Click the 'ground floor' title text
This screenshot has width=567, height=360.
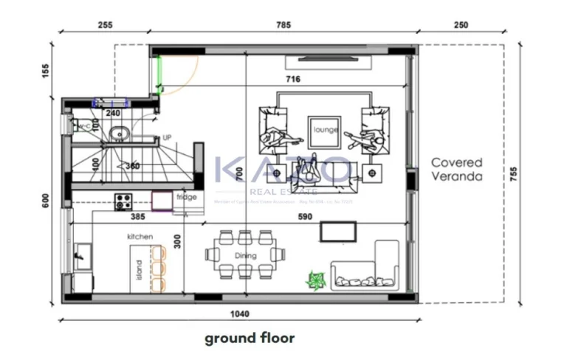[x=250, y=339]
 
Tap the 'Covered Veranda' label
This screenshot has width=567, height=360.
[x=457, y=170]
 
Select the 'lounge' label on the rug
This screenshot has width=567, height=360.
[x=326, y=130]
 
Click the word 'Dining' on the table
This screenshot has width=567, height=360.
[x=246, y=256]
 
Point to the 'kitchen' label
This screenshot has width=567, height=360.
[x=140, y=236]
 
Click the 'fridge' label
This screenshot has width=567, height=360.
[x=187, y=197]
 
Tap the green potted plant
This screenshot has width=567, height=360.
[x=316, y=281]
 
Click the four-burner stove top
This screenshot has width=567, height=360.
[x=123, y=200]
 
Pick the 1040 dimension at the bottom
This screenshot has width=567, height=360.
[x=239, y=314]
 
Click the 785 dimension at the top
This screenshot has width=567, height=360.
[x=283, y=24]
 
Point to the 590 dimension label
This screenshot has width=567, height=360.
[x=305, y=217]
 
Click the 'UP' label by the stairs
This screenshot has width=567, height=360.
[x=167, y=138]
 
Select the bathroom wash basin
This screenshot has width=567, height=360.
[x=118, y=134]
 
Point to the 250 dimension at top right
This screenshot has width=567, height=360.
[x=461, y=24]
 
